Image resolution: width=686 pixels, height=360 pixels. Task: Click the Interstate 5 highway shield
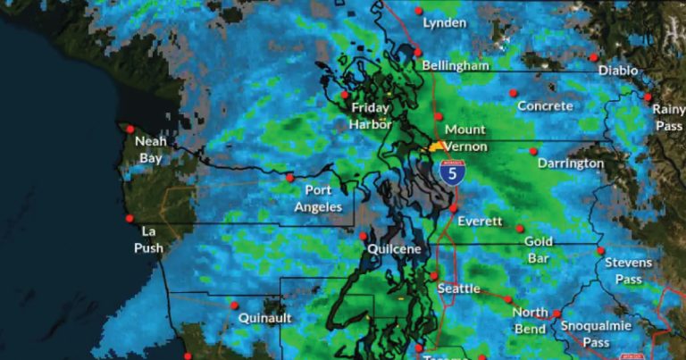point(452,172)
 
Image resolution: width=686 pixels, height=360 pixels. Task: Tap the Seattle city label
point(459,289)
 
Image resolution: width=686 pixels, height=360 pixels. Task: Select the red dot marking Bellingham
point(418,53)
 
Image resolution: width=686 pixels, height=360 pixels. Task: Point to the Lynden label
point(445,22)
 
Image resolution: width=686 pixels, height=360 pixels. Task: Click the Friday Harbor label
point(371,116)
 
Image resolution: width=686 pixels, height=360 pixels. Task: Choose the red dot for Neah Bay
point(130,129)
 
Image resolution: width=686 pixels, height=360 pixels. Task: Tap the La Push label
point(149,239)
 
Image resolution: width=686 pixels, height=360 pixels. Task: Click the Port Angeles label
point(318,198)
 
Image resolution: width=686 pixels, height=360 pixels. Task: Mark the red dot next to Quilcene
point(364,236)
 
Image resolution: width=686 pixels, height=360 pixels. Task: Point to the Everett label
point(480,222)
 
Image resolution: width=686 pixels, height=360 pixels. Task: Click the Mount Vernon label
point(465,138)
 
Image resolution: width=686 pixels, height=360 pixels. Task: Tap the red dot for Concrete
point(513,92)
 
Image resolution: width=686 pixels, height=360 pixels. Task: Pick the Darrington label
point(571,163)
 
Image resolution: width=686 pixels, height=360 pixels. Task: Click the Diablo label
point(618,70)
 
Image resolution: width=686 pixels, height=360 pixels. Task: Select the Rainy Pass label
point(668,118)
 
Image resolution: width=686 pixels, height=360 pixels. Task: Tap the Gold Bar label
point(539,249)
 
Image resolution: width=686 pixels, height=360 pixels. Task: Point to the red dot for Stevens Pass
point(601,251)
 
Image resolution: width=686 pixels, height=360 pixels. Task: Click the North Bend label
point(530,321)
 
